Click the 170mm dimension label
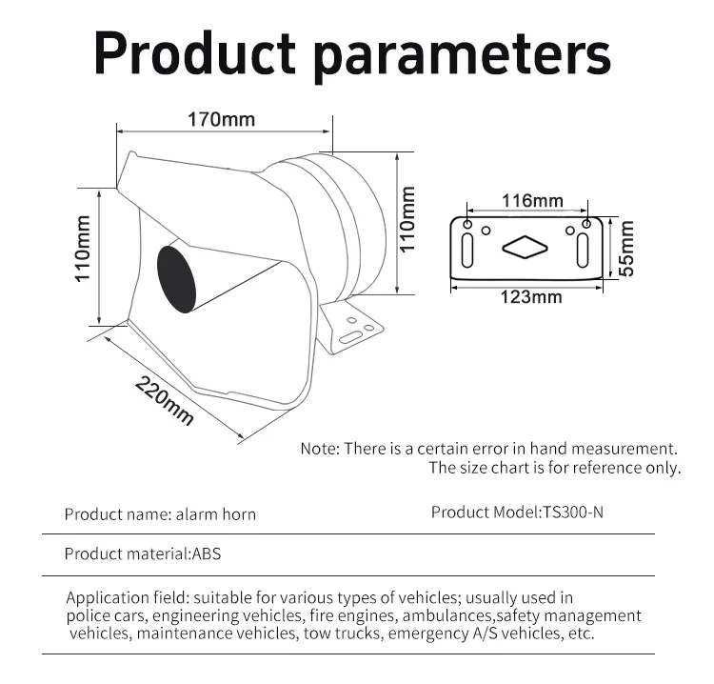221,119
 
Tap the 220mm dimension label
165,400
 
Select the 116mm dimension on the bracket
532,200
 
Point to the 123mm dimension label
531,297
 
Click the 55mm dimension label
626,248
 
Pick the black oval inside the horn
176,279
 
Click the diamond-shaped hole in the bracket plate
525,248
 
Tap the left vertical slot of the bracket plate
467,251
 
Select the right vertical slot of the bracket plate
583,251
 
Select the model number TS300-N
573,513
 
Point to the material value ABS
207,553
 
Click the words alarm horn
216,514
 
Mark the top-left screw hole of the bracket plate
467,224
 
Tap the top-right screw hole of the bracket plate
586,224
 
